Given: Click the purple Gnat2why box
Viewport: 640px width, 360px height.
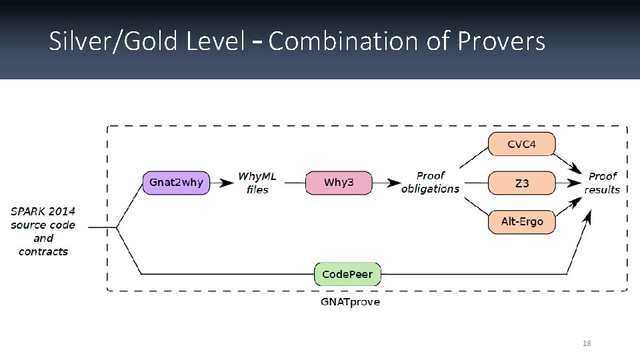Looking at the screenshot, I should (x=176, y=183).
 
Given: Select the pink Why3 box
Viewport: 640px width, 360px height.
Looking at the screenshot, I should (x=339, y=183).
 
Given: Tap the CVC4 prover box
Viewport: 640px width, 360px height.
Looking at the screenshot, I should (x=521, y=144).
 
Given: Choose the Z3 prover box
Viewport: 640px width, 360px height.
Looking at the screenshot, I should (x=521, y=183).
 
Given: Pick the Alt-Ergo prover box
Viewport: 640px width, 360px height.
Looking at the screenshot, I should (x=521, y=221).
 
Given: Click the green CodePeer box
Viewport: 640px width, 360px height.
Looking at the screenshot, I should (x=347, y=274).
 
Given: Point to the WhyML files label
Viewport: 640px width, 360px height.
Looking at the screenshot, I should (x=257, y=183).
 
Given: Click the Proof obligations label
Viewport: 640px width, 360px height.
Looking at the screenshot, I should (x=430, y=182).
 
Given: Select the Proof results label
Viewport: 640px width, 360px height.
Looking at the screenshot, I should (x=602, y=182).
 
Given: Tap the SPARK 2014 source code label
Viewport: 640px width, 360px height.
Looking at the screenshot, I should (x=43, y=231).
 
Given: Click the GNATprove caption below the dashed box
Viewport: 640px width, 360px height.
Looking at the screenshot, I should (x=350, y=302).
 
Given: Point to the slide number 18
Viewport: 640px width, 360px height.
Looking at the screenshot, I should (x=587, y=343).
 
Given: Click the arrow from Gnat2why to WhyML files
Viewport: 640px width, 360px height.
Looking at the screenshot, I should (x=223, y=182).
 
